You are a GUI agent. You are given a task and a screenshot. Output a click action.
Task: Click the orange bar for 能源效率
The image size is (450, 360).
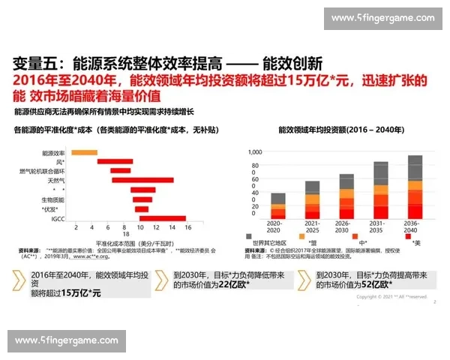pos(84,152)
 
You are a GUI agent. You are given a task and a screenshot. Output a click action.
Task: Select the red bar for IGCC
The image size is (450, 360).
pos(162,218)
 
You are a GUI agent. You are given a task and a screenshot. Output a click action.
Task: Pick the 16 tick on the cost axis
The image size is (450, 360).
pos(188,227)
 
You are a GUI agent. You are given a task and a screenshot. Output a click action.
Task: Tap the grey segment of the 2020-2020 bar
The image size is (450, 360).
pos(277,198)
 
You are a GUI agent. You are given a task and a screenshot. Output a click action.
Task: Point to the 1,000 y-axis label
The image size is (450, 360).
pos(253,151)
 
